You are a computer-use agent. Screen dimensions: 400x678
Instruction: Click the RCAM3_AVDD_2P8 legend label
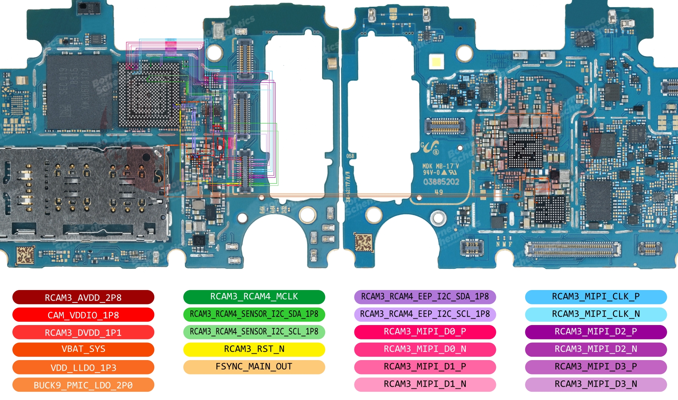[x=83, y=297]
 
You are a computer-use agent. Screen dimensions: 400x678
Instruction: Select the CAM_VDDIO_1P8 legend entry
[x=83, y=315]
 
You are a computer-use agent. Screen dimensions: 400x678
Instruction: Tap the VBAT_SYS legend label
[x=83, y=349]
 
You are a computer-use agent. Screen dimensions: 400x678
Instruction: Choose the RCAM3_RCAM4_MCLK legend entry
[x=254, y=297]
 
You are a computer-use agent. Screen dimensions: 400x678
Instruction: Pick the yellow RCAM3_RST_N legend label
[x=254, y=349]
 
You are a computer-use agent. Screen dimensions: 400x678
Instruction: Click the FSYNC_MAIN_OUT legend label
[x=254, y=366]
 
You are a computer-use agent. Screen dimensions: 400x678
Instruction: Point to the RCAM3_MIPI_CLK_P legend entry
[x=596, y=297]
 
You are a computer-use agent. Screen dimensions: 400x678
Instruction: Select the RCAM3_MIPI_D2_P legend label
[x=596, y=332]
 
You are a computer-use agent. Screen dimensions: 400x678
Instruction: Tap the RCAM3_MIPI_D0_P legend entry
[x=425, y=332]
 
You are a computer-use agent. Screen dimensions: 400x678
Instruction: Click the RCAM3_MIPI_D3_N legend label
[x=596, y=384]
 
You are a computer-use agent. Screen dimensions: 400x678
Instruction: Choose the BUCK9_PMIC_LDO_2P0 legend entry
[x=83, y=385]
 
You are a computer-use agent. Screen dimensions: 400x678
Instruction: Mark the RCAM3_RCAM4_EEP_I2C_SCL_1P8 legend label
[x=425, y=314]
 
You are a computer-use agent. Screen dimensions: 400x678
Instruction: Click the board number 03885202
[x=441, y=182]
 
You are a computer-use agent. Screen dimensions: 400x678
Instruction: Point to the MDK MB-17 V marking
[x=440, y=166]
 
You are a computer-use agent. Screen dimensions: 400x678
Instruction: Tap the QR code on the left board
[x=25, y=255]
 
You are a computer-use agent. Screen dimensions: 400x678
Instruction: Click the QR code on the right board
[x=363, y=242]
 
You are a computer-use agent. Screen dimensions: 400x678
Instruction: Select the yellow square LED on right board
[x=436, y=61]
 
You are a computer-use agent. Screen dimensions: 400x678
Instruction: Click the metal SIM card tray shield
[x=83, y=194]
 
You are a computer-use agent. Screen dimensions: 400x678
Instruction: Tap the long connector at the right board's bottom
[x=573, y=249]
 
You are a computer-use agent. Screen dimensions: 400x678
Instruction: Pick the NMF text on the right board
[x=504, y=244]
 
